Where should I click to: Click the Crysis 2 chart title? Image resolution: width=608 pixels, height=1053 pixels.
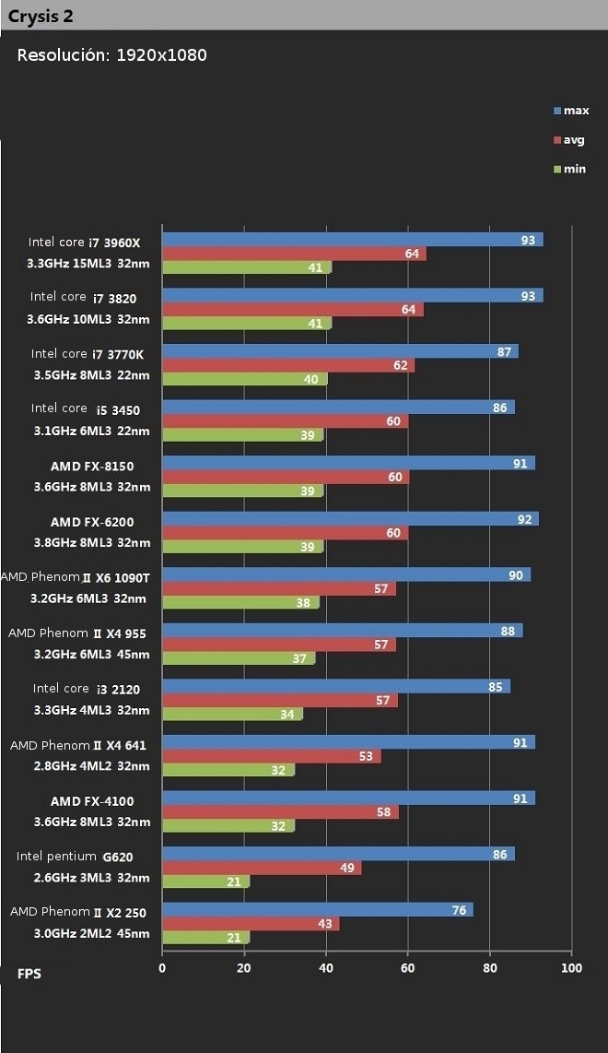[41, 16]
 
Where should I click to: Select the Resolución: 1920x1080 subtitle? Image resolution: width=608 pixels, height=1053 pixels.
[111, 55]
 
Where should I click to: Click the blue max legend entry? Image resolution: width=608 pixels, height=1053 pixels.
[570, 111]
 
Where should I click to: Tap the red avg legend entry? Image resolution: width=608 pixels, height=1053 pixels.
[568, 140]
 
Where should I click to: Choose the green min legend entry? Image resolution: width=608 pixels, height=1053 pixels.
[568, 169]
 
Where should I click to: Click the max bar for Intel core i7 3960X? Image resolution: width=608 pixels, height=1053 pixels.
[352, 240]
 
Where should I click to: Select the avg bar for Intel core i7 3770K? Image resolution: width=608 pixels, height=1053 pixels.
[288, 365]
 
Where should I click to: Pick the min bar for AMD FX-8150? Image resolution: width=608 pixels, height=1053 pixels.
[242, 491]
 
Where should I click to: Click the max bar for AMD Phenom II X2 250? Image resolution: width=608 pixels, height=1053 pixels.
[317, 909]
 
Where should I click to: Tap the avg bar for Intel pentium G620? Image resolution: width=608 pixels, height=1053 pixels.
[262, 868]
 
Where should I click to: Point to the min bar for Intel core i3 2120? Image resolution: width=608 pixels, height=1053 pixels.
[232, 714]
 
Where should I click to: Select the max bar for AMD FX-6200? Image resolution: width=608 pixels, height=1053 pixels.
[350, 519]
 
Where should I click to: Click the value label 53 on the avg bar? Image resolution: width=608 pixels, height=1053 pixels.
[367, 757]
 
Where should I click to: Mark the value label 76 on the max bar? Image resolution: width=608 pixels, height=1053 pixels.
[459, 909]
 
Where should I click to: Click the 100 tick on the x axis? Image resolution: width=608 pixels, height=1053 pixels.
[571, 967]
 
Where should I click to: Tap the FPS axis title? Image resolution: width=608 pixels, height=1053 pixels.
[29, 974]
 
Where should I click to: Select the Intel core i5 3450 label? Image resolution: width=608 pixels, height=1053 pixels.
[86, 408]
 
